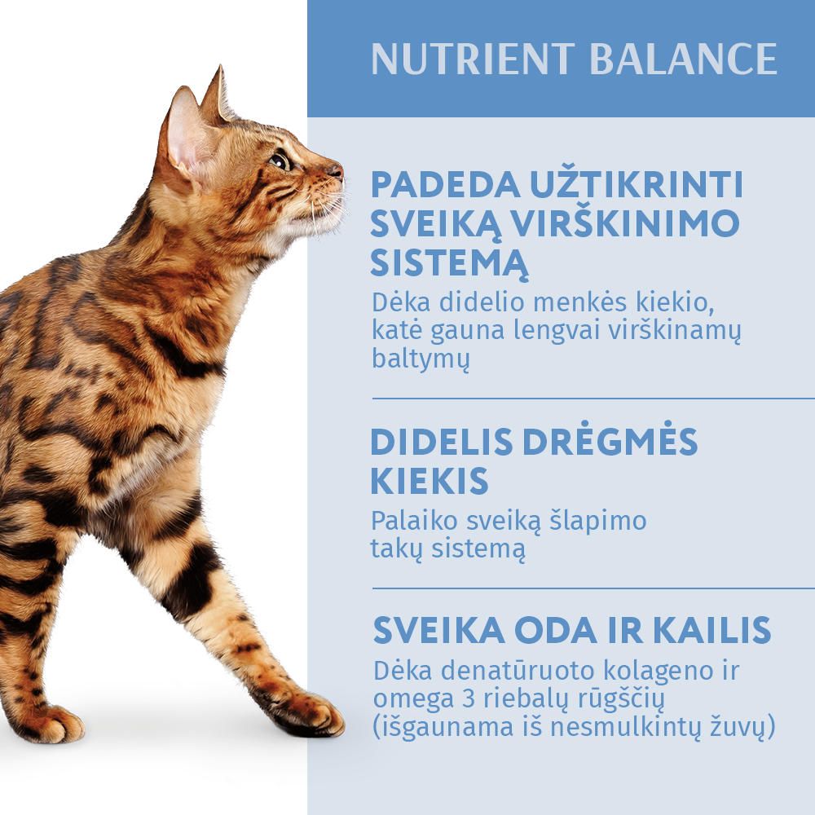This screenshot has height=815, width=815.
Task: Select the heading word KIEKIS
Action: point(430,482)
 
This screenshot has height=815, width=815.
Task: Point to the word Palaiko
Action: point(414,521)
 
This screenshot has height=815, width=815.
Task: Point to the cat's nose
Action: point(336,170)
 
